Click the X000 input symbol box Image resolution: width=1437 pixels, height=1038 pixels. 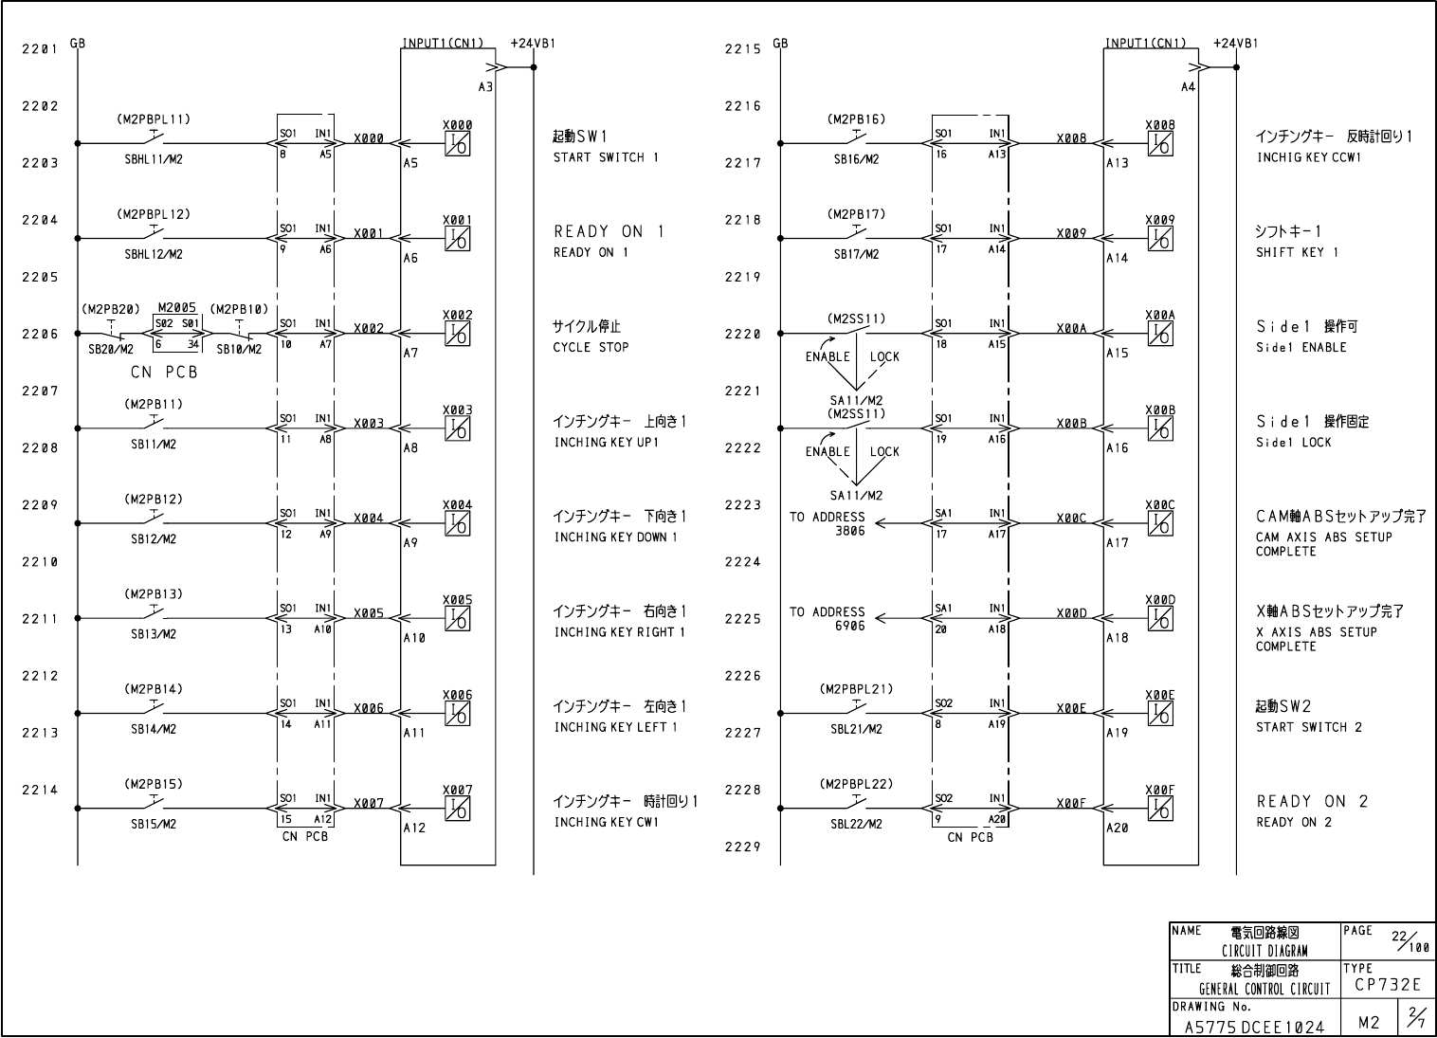pyautogui.click(x=457, y=144)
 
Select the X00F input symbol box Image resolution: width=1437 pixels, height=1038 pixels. pyautogui.click(x=1159, y=809)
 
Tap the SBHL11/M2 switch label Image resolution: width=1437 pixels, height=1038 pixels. pyautogui.click(x=153, y=159)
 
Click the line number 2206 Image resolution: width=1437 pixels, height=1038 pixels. pyautogui.click(x=40, y=334)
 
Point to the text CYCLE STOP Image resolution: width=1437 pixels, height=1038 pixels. pyautogui.click(x=591, y=347)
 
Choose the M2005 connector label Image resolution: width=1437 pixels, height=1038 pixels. pyautogui.click(x=177, y=308)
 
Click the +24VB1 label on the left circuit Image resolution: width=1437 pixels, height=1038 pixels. pyautogui.click(x=532, y=44)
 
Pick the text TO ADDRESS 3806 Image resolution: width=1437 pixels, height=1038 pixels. pyautogui.click(x=828, y=524)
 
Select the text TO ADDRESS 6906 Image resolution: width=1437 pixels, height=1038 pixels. pyautogui.click(x=828, y=619)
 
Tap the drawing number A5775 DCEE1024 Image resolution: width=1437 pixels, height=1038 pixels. pyautogui.click(x=1254, y=1027)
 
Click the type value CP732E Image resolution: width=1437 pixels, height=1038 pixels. pyautogui.click(x=1388, y=986)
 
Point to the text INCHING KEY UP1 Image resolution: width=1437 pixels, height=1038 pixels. pyautogui.click(x=606, y=443)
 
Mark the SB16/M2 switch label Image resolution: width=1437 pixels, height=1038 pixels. pyautogui.click(x=856, y=159)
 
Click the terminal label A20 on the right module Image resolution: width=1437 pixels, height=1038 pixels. pyautogui.click(x=1118, y=828)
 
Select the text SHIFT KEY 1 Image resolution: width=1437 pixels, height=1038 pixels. pyautogui.click(x=1297, y=252)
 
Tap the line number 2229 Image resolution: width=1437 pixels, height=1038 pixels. pyautogui.click(x=743, y=847)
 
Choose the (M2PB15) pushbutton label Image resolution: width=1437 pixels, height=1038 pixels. pyautogui.click(x=153, y=784)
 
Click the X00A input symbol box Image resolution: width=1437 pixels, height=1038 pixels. pyautogui.click(x=1159, y=334)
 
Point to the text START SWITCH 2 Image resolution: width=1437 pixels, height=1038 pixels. pyautogui.click(x=1308, y=727)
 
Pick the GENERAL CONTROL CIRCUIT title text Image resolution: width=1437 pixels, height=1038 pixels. pyautogui.click(x=1264, y=989)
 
